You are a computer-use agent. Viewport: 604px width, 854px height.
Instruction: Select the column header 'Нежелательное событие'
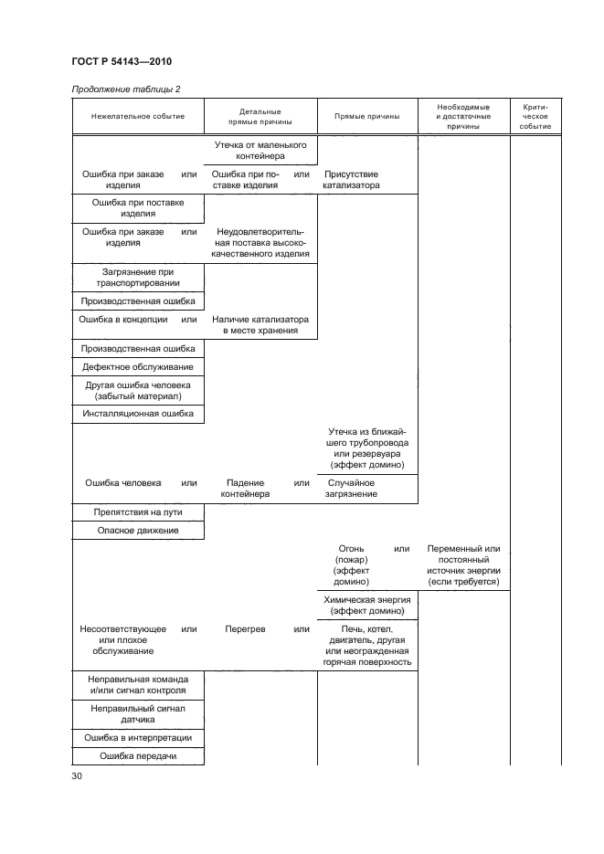click(138, 116)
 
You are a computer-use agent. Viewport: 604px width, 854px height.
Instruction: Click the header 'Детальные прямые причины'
click(260, 116)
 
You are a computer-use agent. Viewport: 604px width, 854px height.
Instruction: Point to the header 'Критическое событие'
click(535, 116)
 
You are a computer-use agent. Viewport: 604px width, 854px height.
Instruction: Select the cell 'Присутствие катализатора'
click(351, 180)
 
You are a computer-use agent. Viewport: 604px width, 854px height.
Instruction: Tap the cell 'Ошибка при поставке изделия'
click(138, 207)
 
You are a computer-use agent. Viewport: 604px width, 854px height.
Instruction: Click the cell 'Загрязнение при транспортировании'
click(138, 278)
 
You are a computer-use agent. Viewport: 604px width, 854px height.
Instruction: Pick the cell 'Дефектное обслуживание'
click(138, 366)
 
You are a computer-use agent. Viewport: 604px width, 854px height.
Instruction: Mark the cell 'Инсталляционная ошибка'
click(138, 414)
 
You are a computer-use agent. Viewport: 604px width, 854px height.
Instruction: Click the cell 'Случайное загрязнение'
click(351, 488)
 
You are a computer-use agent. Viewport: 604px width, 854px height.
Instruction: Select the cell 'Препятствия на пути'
click(138, 512)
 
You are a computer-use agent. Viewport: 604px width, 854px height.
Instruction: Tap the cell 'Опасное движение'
click(138, 530)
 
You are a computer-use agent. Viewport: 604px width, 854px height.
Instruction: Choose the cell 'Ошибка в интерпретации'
click(138, 738)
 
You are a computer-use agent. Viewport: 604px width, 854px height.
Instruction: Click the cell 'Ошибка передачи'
click(138, 756)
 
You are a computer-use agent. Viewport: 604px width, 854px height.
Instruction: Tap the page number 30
click(77, 776)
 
